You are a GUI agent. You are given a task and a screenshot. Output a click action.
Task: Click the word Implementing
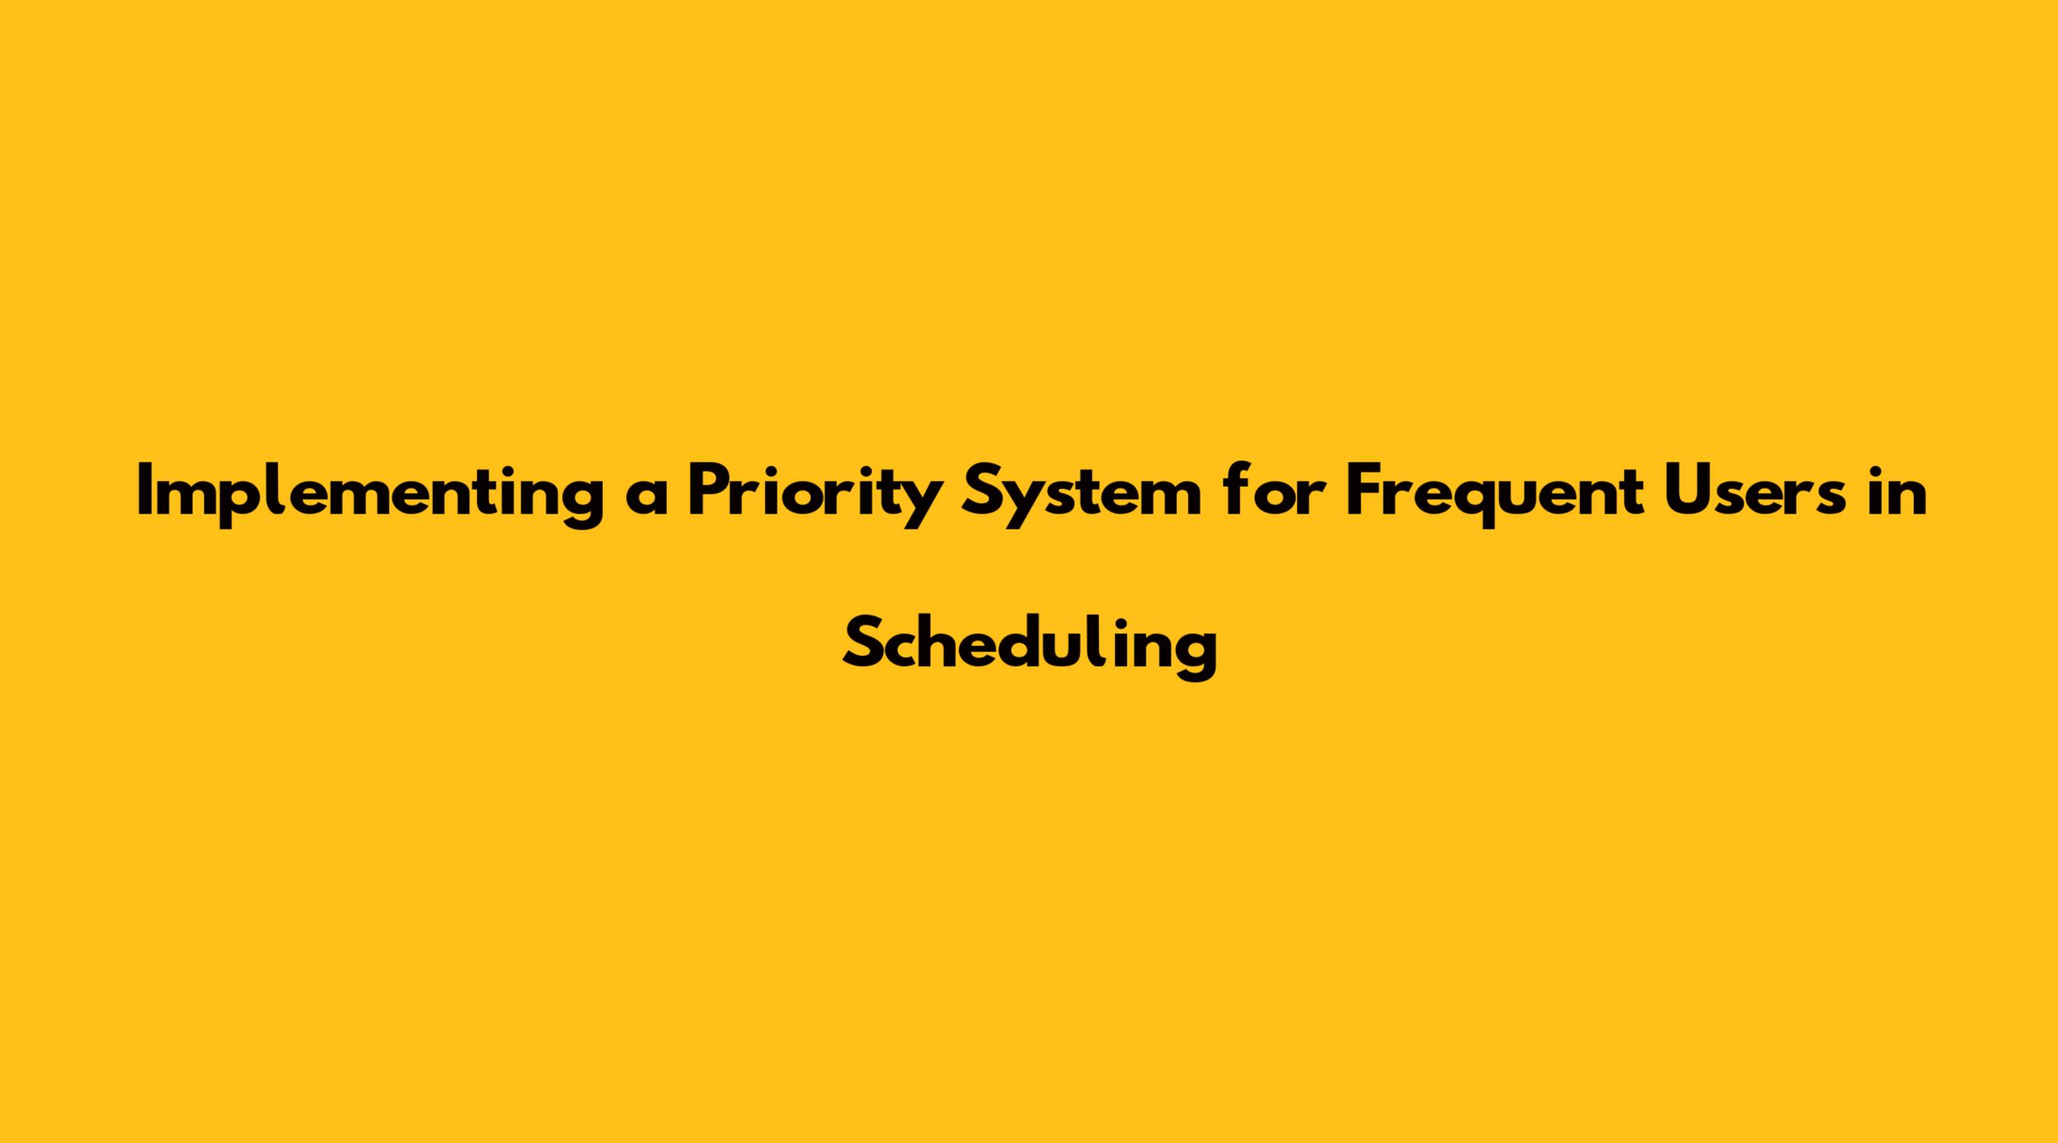click(x=370, y=496)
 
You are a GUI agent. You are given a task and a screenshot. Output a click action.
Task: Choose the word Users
click(x=1761, y=490)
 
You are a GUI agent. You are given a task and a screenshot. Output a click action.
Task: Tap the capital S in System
click(x=982, y=490)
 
